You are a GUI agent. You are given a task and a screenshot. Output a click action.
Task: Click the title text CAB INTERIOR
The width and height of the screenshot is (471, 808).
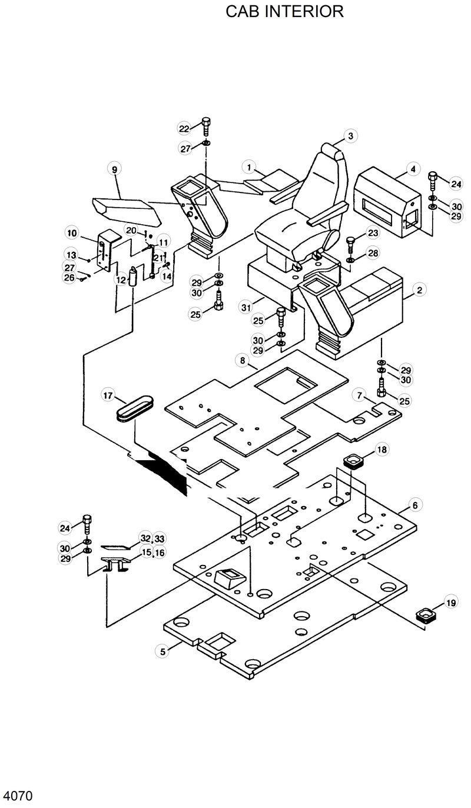(284, 11)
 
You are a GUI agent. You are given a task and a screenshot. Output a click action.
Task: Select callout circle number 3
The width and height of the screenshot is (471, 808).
(350, 136)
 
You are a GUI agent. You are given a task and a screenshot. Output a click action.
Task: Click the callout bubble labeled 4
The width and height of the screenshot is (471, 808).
(413, 169)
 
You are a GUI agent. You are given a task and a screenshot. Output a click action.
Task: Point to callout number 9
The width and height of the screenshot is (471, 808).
(115, 170)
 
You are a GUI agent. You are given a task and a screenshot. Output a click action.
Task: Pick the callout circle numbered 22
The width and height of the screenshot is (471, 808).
(185, 129)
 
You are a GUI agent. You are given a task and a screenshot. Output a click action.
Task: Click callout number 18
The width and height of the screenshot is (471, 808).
(382, 450)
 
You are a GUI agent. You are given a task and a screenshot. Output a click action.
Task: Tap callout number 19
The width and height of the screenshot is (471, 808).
(450, 603)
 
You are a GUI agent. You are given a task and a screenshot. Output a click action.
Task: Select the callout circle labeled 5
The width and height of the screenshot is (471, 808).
(163, 651)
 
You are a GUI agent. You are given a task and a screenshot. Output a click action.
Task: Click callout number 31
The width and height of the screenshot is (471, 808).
(246, 307)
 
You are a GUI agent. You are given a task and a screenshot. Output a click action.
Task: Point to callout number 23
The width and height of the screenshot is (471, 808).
(372, 233)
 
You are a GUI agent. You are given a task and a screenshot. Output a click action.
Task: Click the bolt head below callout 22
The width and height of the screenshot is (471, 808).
(206, 123)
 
